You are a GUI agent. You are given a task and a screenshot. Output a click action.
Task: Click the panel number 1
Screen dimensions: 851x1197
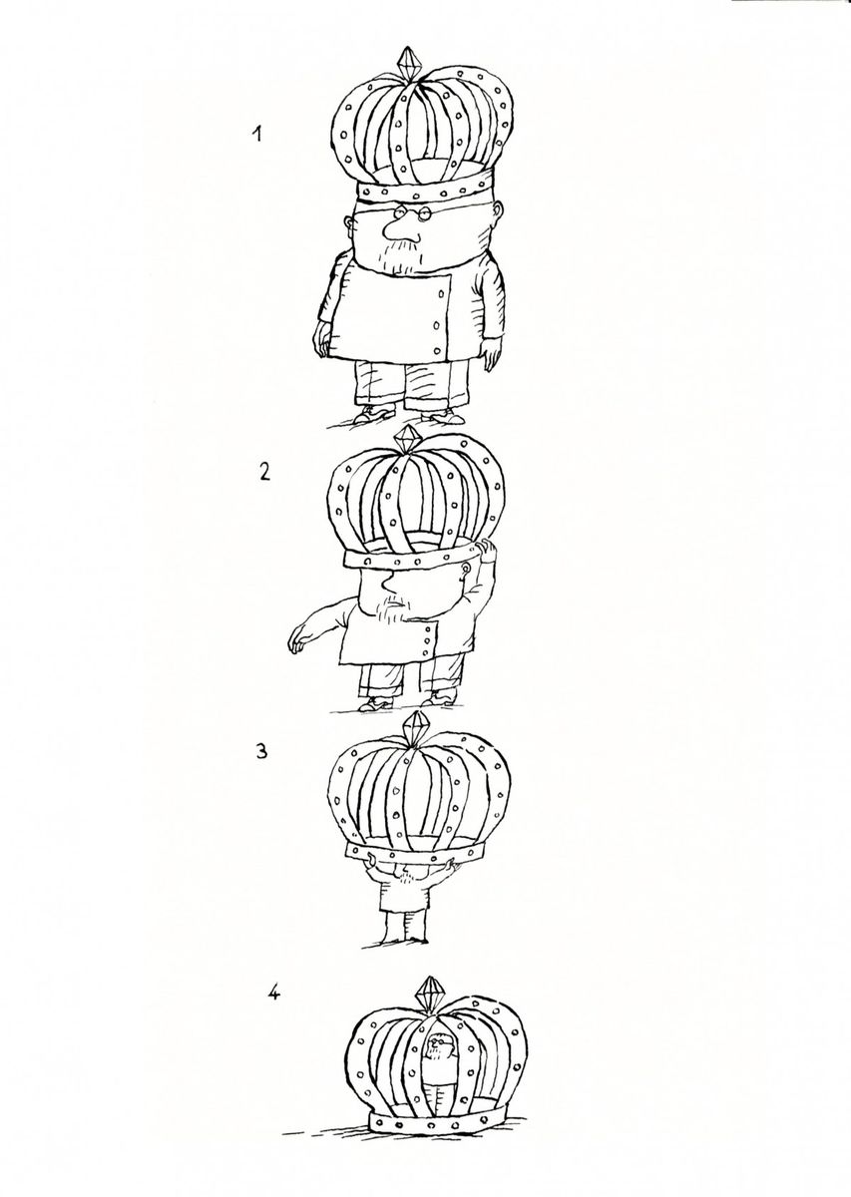pos(257,134)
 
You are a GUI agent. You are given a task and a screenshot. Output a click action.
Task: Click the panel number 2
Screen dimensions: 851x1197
pos(264,471)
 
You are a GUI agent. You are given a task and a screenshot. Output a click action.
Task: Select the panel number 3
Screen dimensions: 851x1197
pos(261,751)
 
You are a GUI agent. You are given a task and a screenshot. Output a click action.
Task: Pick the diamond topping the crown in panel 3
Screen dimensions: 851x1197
pos(414,725)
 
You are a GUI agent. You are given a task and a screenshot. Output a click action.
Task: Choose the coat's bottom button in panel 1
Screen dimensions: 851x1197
pos(438,350)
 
